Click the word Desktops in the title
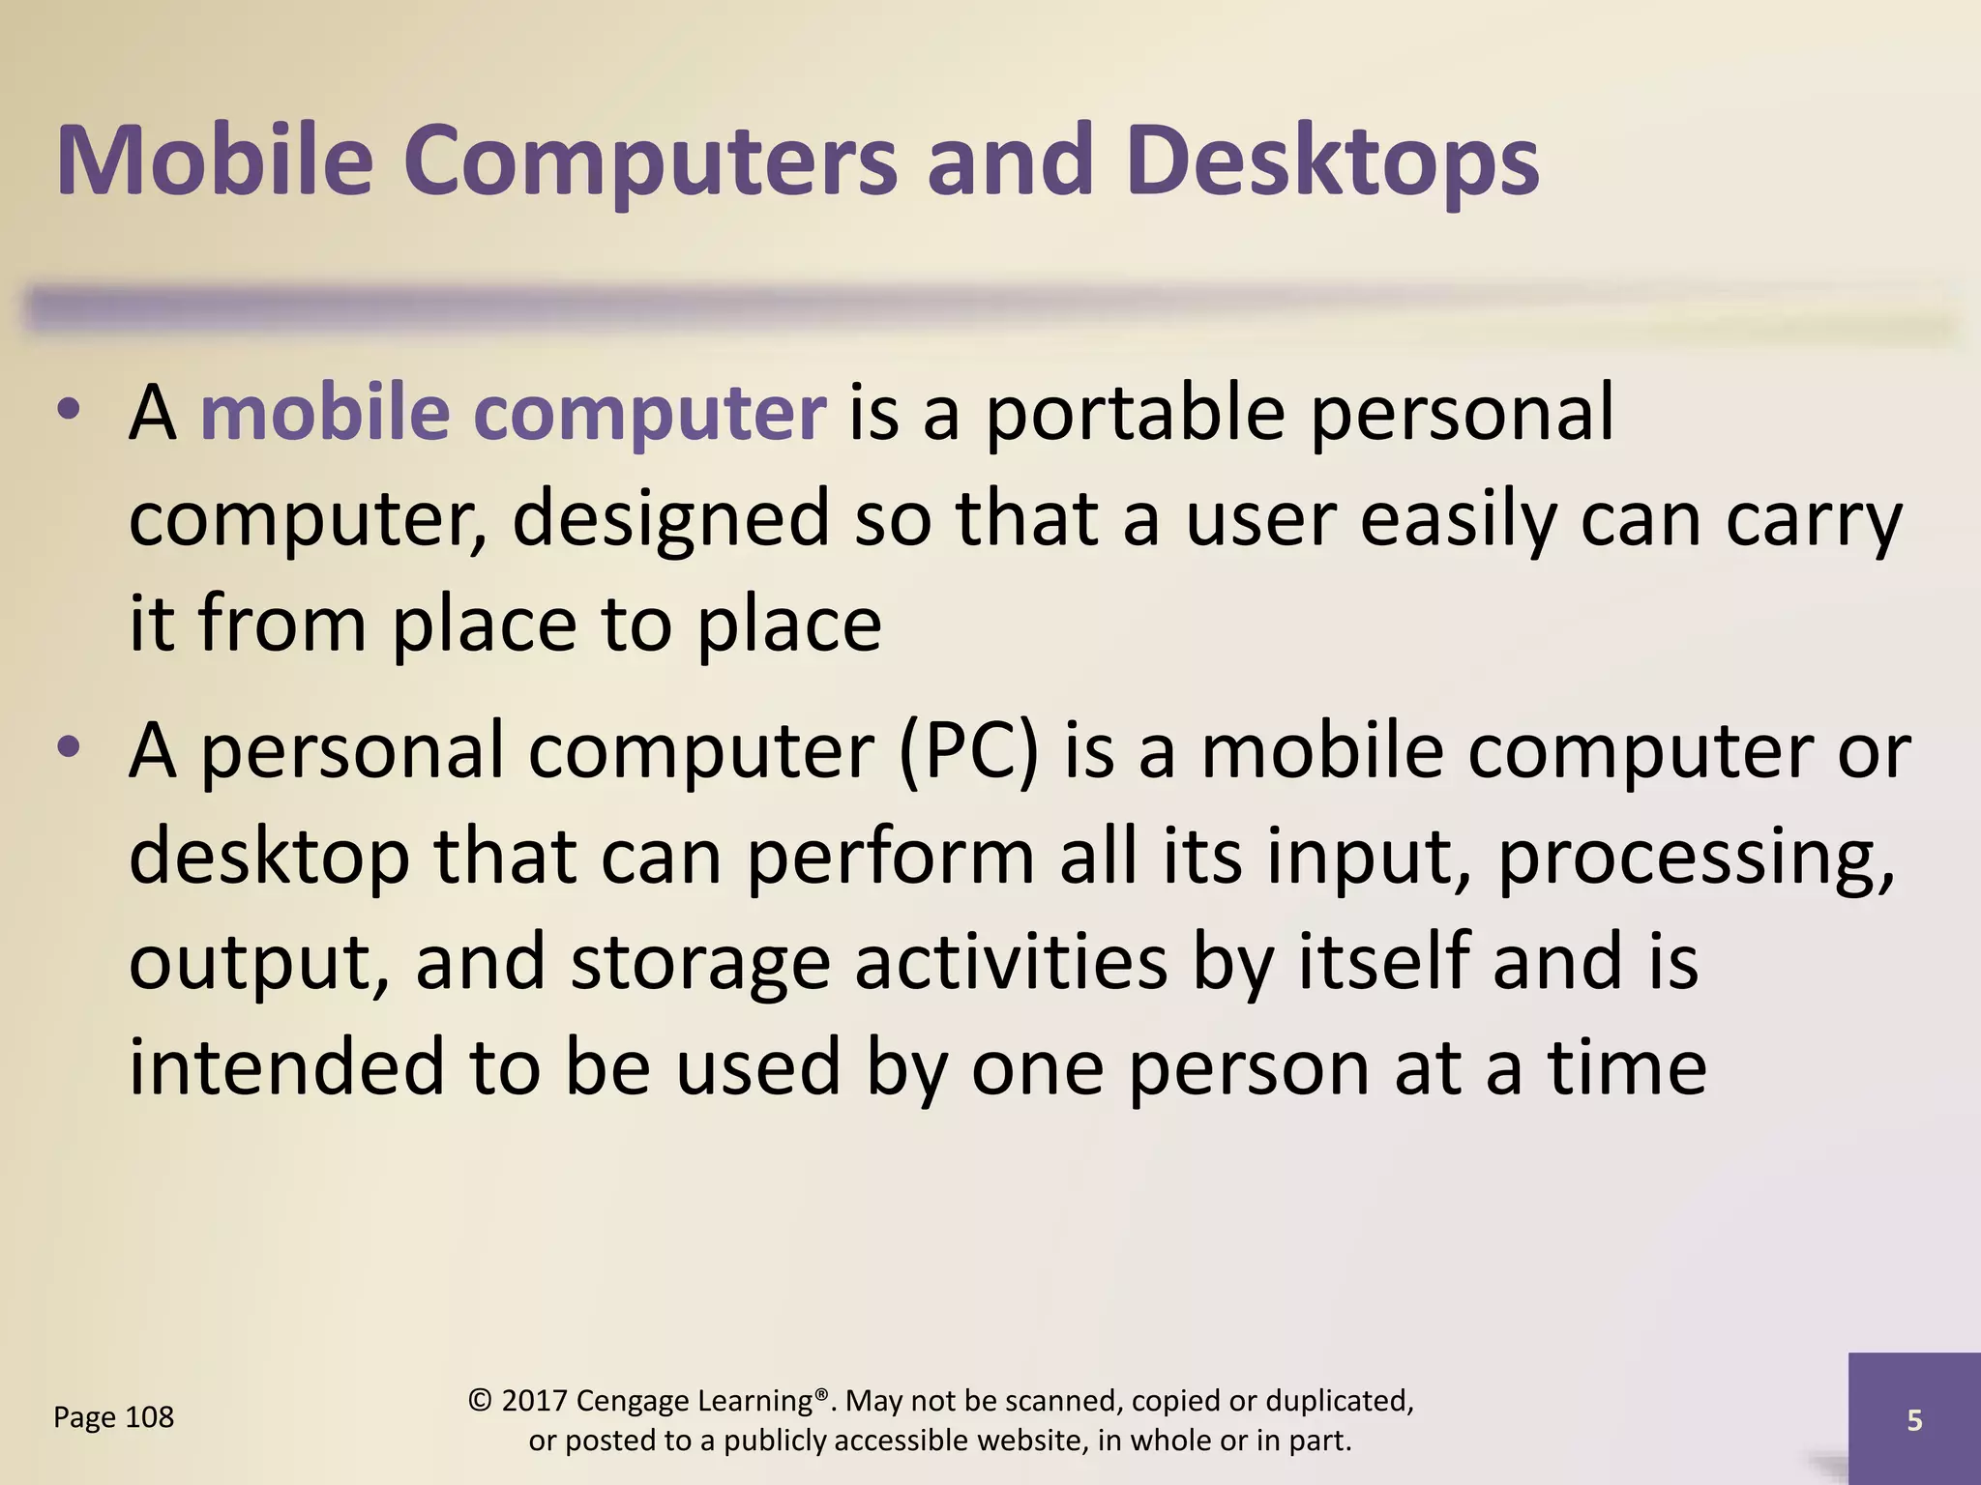point(1332,161)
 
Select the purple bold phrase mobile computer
point(513,414)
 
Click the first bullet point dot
point(68,412)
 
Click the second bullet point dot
point(68,749)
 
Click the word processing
point(1695,859)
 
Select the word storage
point(700,963)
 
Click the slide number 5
point(1914,1420)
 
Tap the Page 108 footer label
point(113,1417)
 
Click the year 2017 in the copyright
point(534,1401)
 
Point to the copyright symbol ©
point(479,1401)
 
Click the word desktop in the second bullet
point(269,859)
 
